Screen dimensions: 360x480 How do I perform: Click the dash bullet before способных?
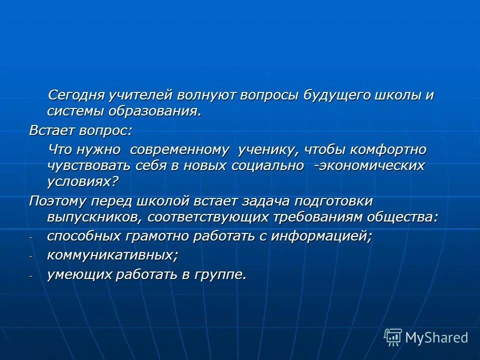tap(31, 238)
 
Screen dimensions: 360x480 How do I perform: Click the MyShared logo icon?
tap(393, 337)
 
